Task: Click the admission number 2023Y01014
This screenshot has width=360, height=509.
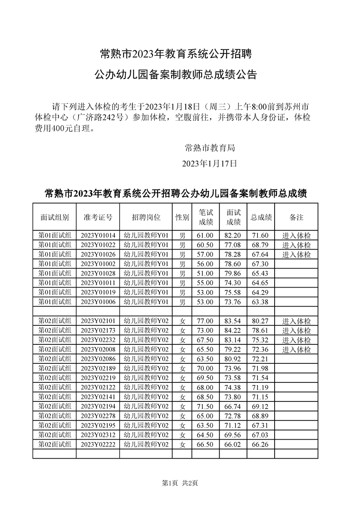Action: pyautogui.click(x=98, y=235)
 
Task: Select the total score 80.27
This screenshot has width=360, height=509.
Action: pyautogui.click(x=260, y=321)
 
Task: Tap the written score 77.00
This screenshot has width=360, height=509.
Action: pyautogui.click(x=205, y=321)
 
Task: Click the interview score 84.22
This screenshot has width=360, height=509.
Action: pyautogui.click(x=233, y=331)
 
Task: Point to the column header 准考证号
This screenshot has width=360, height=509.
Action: pyautogui.click(x=98, y=217)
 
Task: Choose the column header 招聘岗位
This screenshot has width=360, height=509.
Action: pyautogui.click(x=146, y=217)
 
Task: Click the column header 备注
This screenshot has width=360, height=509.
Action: pyautogui.click(x=296, y=217)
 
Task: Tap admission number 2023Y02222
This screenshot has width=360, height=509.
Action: pyautogui.click(x=98, y=445)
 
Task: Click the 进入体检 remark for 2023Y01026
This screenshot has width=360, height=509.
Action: pyautogui.click(x=296, y=254)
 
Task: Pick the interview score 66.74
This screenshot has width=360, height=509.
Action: pyautogui.click(x=233, y=406)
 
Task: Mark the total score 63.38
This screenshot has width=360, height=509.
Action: pyautogui.click(x=260, y=302)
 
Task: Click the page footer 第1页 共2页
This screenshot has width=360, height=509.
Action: pyautogui.click(x=180, y=483)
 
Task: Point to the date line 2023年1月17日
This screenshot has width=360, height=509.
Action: pyautogui.click(x=209, y=163)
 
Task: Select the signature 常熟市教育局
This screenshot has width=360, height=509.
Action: pyautogui.click(x=210, y=147)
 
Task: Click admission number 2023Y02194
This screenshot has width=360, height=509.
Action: pyautogui.click(x=98, y=406)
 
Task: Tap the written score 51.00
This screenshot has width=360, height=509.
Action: pyautogui.click(x=205, y=273)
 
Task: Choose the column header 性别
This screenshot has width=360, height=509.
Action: pyautogui.click(x=182, y=217)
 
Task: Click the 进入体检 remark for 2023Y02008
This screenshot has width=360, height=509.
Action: pyautogui.click(x=296, y=350)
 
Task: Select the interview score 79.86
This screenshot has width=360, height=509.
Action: pyautogui.click(x=233, y=273)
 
